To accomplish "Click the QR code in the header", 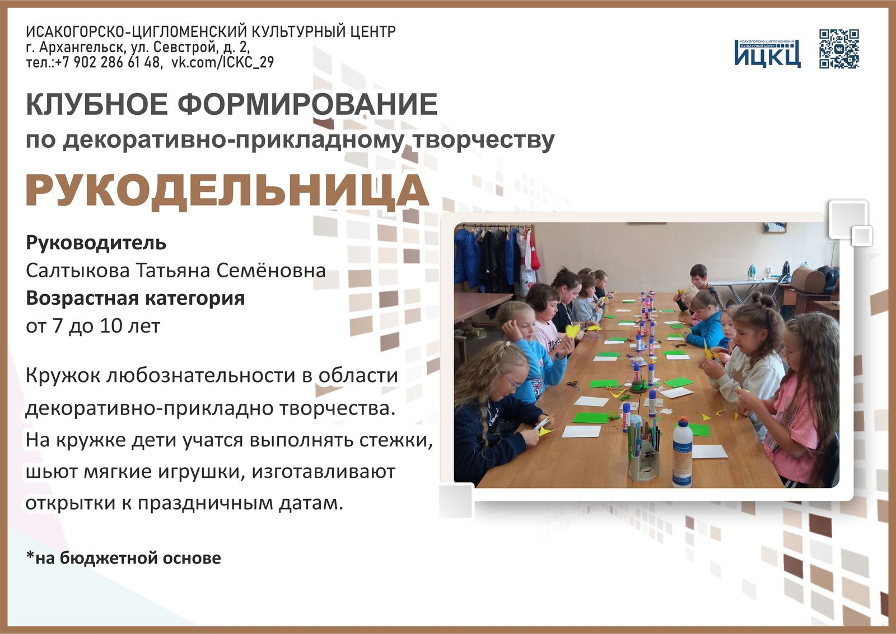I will [839, 49].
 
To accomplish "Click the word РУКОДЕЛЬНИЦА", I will [227, 191].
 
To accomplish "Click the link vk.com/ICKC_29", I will [223, 62].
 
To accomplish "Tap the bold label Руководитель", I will [96, 243].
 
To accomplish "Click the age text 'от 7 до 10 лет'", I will [93, 325].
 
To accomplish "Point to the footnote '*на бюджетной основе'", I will [123, 558].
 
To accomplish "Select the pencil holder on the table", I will [644, 455].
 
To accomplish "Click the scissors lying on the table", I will [572, 385].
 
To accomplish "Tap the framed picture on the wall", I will [774, 227].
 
